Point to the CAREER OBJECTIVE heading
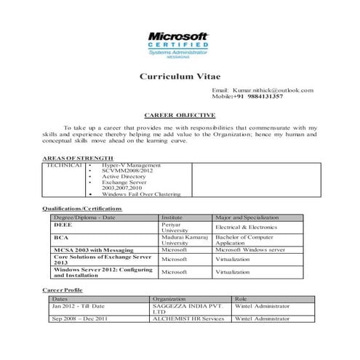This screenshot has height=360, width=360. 180,115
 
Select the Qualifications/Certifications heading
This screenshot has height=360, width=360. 82,209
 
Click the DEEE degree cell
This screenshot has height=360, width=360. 62,225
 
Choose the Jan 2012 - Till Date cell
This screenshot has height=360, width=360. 79,307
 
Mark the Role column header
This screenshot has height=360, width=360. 241,299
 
